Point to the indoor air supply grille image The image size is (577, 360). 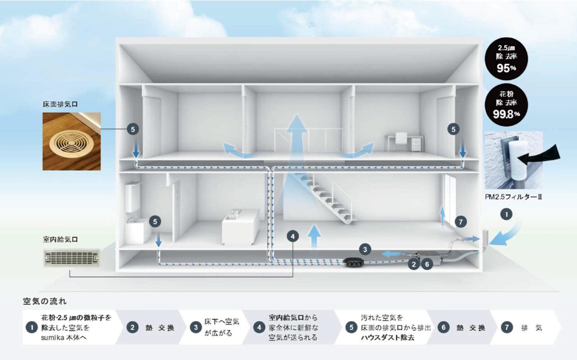[71, 258]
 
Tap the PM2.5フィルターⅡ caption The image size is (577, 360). [513, 197]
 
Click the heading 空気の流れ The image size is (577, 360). [45, 300]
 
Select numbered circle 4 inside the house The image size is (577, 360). [293, 236]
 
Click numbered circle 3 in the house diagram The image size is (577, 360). [366, 248]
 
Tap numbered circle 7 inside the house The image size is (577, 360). [460, 222]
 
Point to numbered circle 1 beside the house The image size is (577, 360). [507, 215]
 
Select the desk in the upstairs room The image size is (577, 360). [404, 142]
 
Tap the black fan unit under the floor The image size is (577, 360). [356, 261]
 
